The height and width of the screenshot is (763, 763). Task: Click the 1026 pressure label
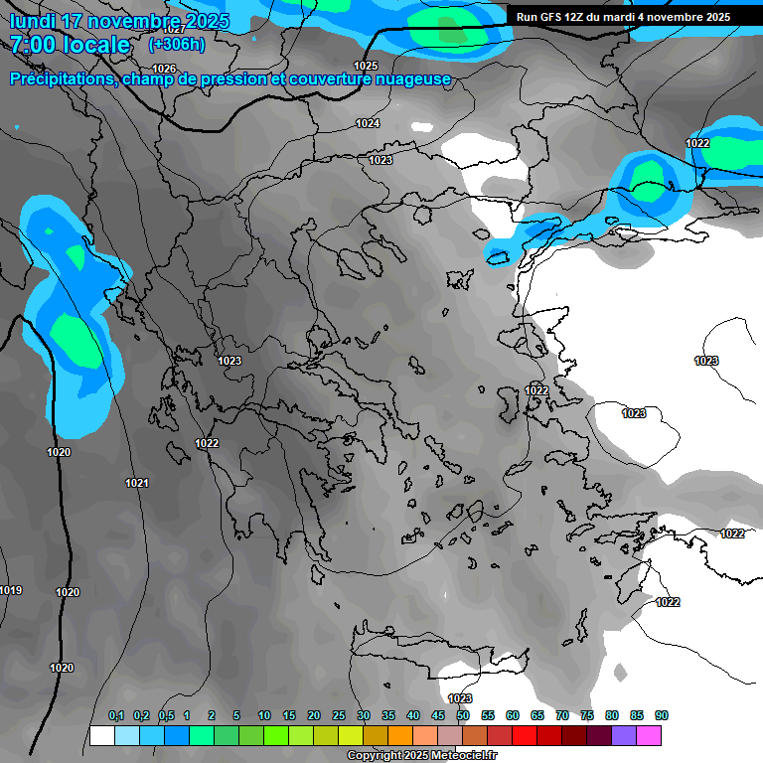click(164, 69)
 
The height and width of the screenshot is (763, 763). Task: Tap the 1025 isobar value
click(366, 66)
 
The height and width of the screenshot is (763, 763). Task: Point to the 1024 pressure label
click(368, 123)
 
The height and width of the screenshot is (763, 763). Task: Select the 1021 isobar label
click(137, 483)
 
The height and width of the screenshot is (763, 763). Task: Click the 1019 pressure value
click(10, 591)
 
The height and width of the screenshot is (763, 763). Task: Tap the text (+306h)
click(177, 44)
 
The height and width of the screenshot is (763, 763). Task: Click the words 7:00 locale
click(70, 45)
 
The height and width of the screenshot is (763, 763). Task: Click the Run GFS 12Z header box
click(623, 16)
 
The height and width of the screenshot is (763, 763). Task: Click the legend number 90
click(662, 715)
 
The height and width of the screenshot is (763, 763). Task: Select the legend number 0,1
click(116, 715)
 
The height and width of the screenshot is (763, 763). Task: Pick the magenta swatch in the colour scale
click(649, 735)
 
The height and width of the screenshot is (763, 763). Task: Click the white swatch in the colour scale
click(101, 735)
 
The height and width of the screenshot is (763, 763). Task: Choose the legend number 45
click(438, 715)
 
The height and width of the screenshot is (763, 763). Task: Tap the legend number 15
click(289, 715)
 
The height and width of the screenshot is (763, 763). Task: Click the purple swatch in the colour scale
click(624, 735)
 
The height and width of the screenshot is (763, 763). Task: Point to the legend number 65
click(537, 715)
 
